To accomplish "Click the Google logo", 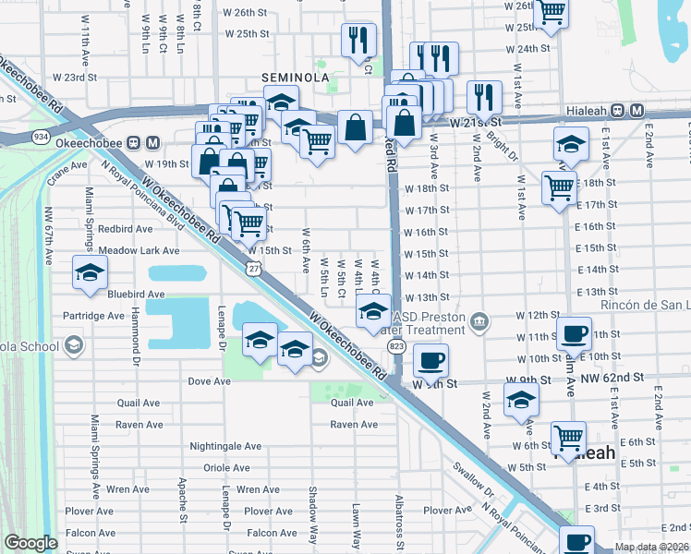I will [x=30, y=543].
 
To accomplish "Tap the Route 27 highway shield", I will [x=253, y=267].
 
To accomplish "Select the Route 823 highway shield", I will [x=397, y=345].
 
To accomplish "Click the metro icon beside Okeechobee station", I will [x=152, y=143].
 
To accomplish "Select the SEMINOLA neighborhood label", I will [x=295, y=78].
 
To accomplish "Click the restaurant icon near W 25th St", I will [x=357, y=40].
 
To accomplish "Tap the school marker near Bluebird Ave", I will [x=91, y=272].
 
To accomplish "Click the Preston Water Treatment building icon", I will [x=479, y=321].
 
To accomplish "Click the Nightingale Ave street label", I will [x=226, y=446].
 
